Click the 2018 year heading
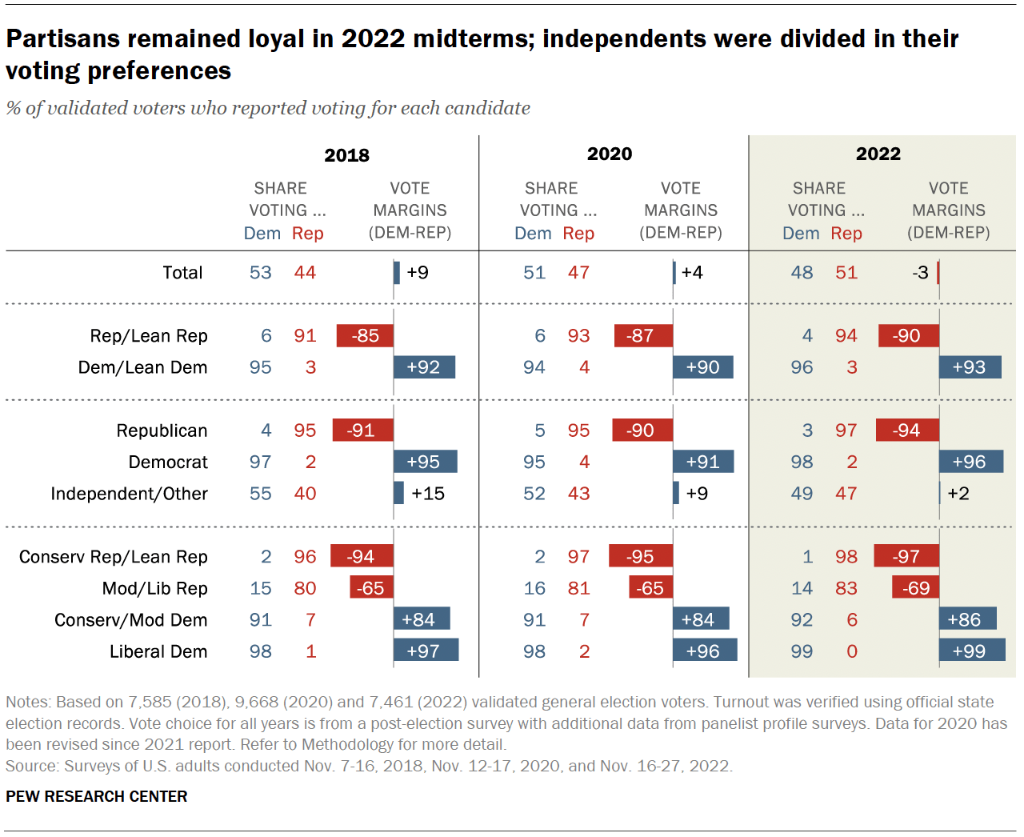346,155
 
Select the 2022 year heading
878,154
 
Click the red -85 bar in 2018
365,336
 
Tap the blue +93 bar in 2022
970,367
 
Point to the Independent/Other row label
129,494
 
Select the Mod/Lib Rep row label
154,589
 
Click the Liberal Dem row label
158,652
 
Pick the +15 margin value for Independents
427,494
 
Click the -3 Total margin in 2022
920,273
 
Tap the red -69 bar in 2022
915,589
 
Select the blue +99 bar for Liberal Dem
971,651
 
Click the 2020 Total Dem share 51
534,273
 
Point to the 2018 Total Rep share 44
305,273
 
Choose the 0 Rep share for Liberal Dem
852,652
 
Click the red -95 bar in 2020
640,557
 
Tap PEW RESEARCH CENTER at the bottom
96,797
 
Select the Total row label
182,273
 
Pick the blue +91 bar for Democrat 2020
702,463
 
